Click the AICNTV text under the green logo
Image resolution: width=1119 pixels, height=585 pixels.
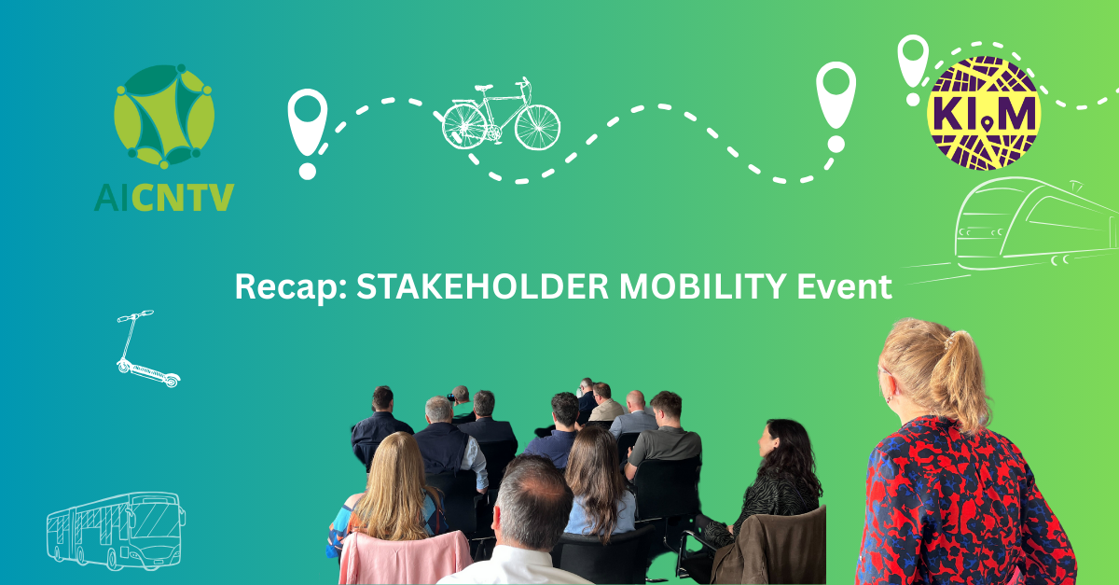[x=164, y=197]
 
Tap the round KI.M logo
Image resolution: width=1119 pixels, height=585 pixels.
[x=984, y=113]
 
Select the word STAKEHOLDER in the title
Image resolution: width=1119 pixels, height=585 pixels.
[x=483, y=286]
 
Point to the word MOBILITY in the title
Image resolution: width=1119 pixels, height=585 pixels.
[x=703, y=286]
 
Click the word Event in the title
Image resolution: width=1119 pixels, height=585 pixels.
[x=844, y=286]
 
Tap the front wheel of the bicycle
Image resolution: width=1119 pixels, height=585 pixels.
[x=537, y=128]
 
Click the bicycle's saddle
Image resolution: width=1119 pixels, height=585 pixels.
[x=484, y=88]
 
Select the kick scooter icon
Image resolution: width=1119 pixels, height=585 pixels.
[x=148, y=349]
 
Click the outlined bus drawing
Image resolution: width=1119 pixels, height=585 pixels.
[x=116, y=532]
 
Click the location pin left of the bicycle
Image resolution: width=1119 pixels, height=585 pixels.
[x=307, y=132]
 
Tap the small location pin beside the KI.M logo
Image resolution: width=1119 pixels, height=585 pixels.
[x=913, y=67]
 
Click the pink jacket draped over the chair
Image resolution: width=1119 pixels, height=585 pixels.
[x=404, y=558]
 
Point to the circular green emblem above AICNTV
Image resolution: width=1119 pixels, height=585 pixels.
[x=164, y=116]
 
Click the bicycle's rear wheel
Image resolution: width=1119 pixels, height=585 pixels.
[x=464, y=126]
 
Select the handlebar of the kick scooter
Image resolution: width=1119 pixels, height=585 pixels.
[x=135, y=315]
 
